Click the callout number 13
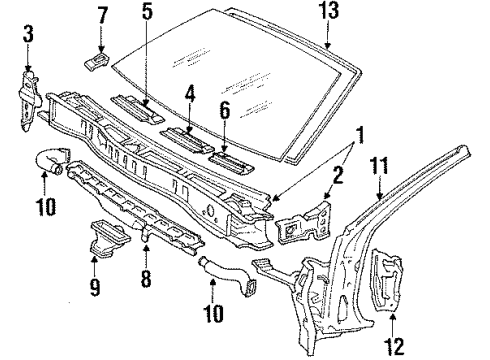(329, 10)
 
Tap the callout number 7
(102, 16)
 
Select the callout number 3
(28, 35)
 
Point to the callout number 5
(147, 12)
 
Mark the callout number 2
(338, 175)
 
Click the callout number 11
(379, 166)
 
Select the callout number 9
(95, 287)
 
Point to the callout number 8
(146, 279)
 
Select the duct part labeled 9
(107, 239)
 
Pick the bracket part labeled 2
(303, 221)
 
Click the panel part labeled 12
(387, 279)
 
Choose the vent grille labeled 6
(232, 162)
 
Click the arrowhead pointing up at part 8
(146, 248)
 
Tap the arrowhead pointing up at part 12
(393, 317)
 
